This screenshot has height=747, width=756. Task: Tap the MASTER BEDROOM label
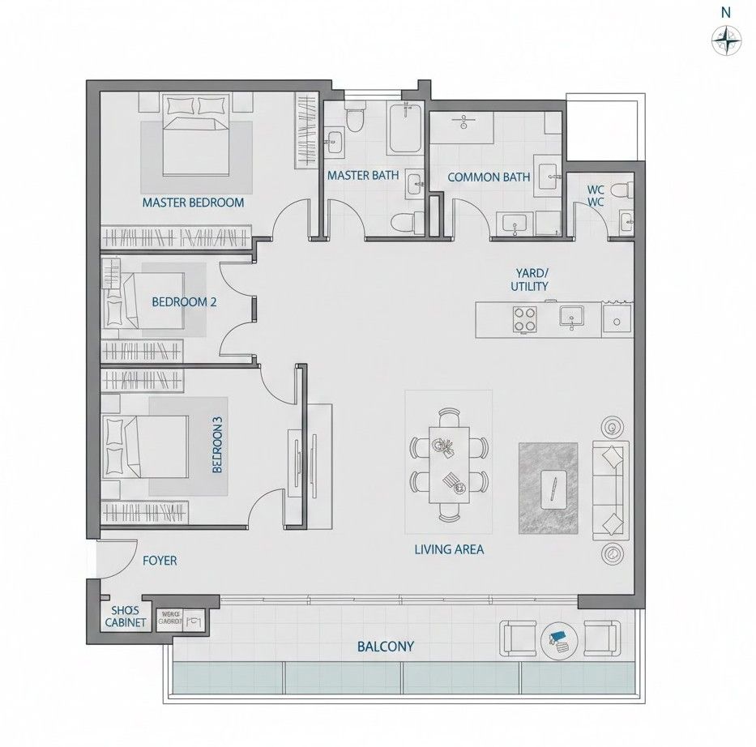(193, 203)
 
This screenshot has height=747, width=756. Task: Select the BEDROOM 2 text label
(184, 302)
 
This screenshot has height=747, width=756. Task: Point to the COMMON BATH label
(489, 177)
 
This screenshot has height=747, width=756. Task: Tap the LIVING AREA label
(449, 549)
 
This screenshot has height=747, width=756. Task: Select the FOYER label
(160, 560)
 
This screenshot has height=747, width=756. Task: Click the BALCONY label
(386, 647)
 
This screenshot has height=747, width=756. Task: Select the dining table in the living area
(448, 467)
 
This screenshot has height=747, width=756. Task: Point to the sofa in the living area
(609, 490)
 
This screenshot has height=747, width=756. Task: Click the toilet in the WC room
(621, 192)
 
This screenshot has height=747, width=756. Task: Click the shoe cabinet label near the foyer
(126, 617)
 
